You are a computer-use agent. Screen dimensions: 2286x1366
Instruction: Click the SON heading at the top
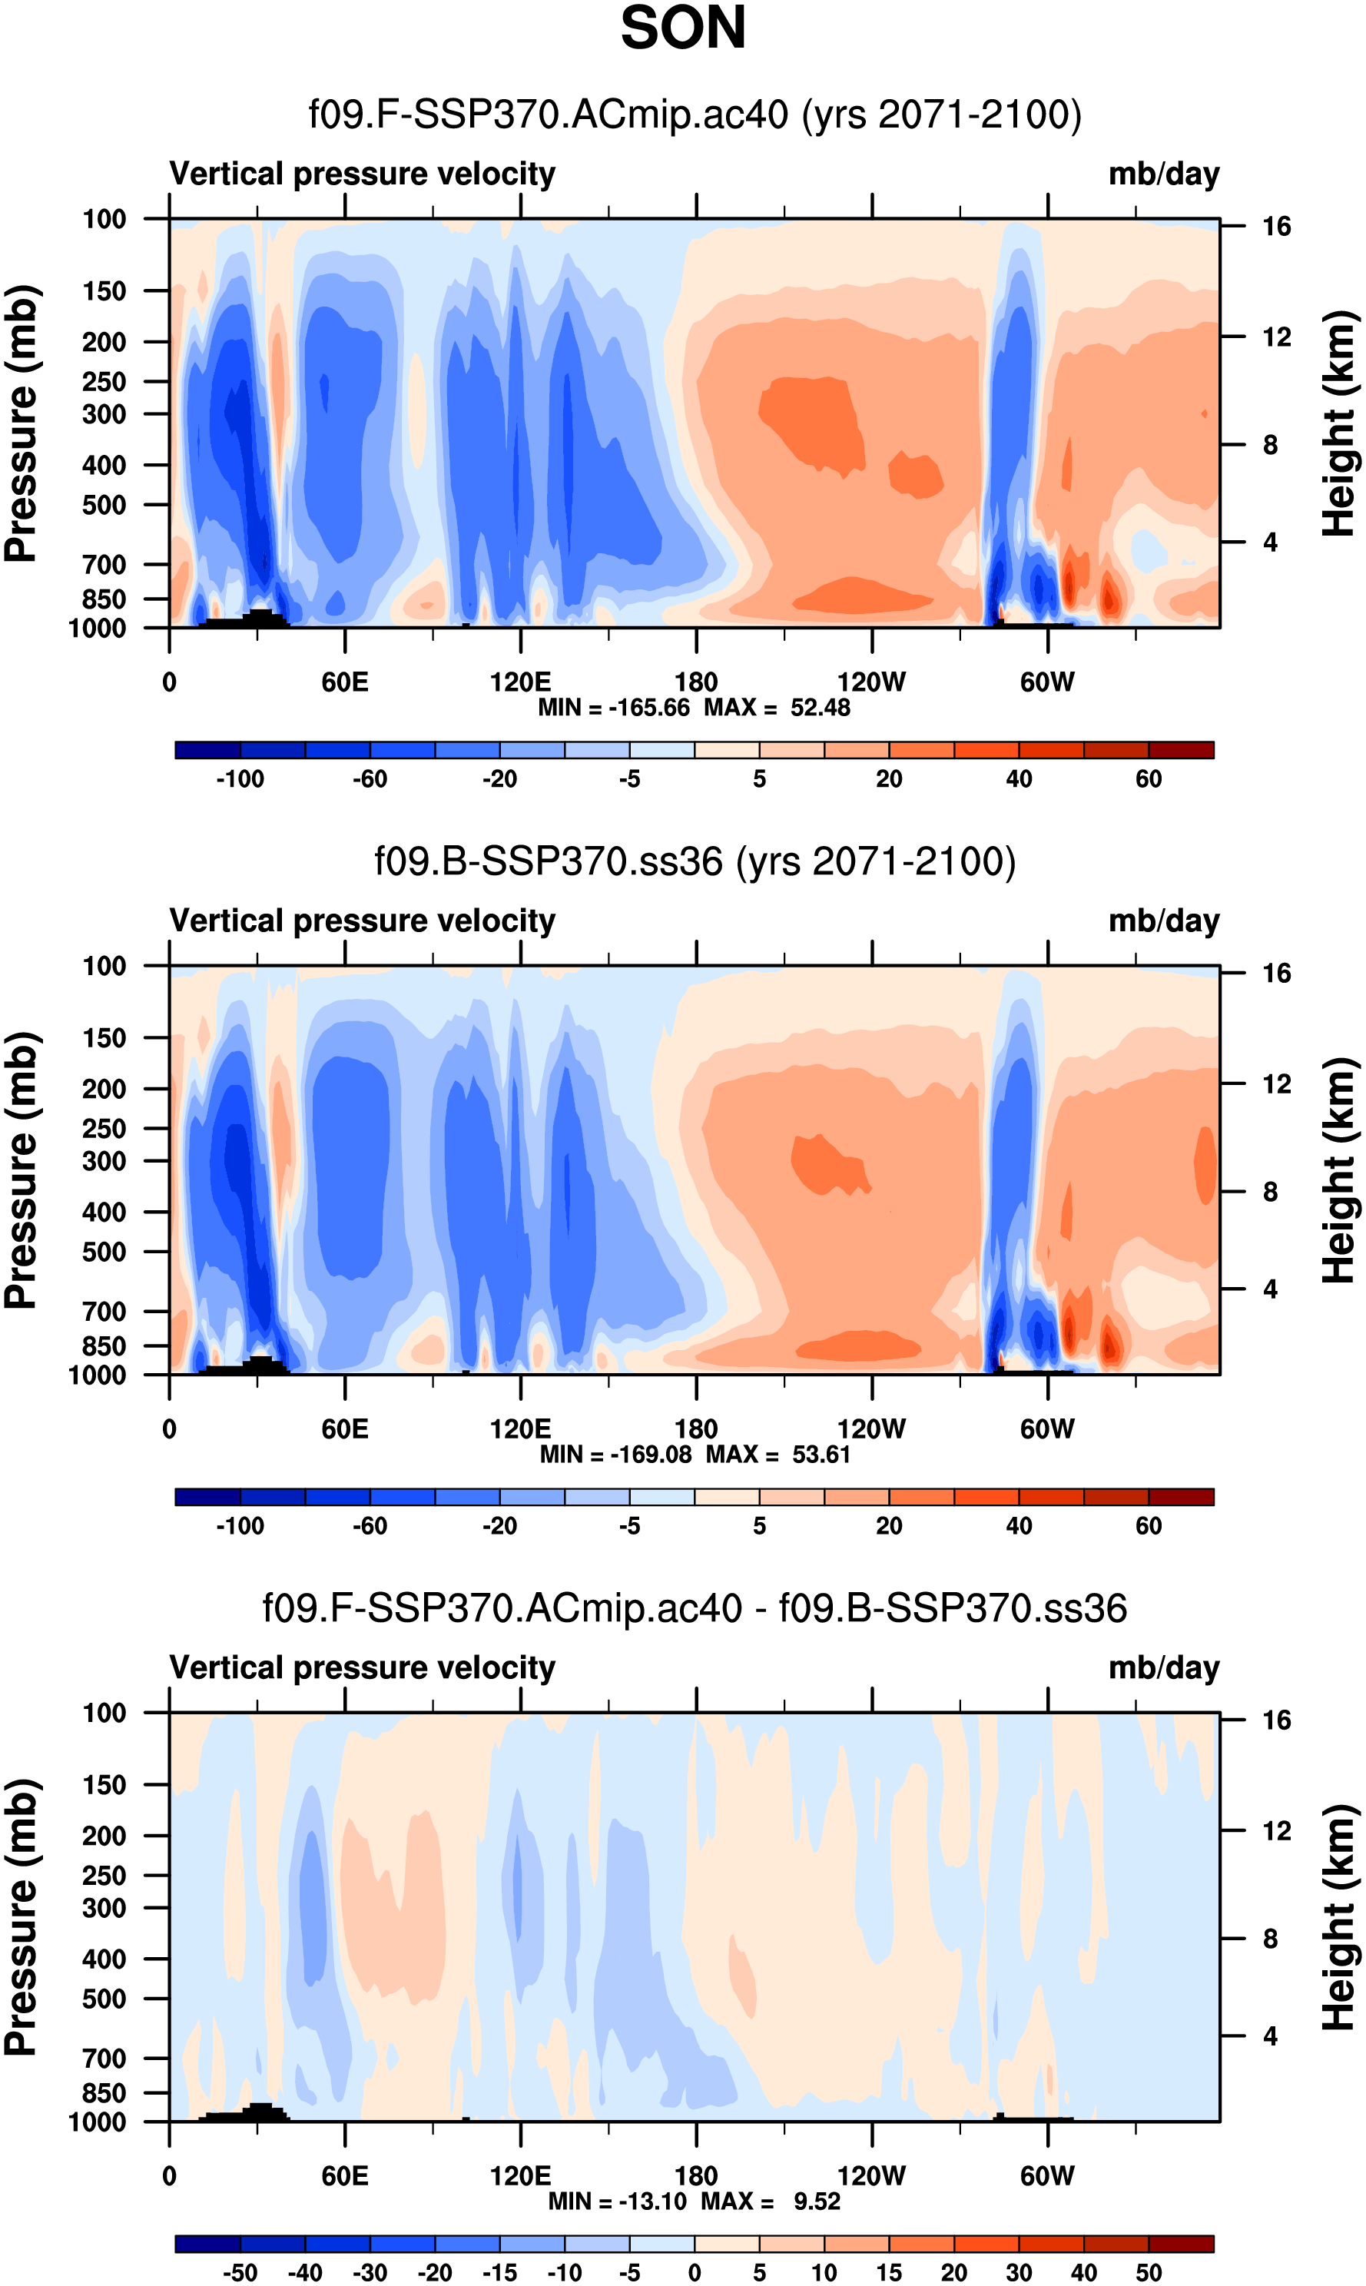coord(683,28)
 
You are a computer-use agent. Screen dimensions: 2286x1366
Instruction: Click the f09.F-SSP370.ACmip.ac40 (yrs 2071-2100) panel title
coord(695,115)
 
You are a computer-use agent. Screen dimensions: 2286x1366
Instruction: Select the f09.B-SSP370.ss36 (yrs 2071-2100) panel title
coord(695,861)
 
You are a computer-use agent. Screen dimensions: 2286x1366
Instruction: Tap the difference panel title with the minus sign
coord(695,1608)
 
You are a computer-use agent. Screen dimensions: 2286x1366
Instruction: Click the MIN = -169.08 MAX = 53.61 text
coord(695,1455)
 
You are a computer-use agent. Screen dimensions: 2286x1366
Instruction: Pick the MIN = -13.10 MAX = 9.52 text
coord(695,2201)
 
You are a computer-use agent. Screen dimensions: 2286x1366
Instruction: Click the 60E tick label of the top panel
coord(345,682)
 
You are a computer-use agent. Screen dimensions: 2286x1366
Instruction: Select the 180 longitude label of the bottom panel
coord(696,2175)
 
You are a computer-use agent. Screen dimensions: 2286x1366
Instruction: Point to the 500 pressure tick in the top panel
coord(104,506)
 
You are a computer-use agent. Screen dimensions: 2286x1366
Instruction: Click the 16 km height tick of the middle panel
coord(1276,973)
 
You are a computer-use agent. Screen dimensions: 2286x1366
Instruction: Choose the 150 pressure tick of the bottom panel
coord(104,1785)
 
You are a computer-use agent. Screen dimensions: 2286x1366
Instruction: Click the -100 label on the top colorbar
coord(240,779)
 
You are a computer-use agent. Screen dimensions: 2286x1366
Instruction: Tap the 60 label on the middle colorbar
coord(1148,1525)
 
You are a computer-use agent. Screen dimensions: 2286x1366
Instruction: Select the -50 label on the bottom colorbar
coord(240,2272)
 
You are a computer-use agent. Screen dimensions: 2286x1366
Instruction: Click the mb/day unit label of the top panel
coord(1163,174)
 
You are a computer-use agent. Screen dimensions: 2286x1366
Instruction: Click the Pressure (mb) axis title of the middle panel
coord(20,1170)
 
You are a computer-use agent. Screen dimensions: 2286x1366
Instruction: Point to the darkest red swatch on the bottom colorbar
coord(1181,2244)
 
